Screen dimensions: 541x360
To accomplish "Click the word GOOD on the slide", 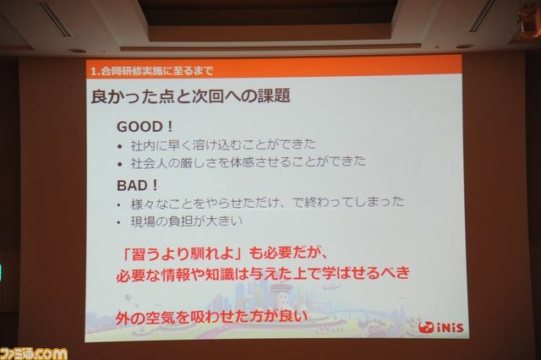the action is [139, 127].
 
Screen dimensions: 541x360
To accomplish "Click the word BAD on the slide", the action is [131, 186].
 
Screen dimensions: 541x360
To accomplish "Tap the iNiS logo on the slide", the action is [441, 327].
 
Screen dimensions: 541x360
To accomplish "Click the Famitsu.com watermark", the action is [34, 353].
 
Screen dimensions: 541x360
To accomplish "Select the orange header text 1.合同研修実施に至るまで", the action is [152, 71].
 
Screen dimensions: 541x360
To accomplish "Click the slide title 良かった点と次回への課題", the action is [190, 96].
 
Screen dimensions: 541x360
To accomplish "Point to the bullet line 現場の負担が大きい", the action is [187, 221].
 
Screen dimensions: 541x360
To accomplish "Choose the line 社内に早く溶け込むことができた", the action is [223, 145].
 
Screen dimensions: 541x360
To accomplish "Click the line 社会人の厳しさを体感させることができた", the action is [248, 161].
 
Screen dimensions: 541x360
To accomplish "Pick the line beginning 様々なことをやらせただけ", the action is [267, 202].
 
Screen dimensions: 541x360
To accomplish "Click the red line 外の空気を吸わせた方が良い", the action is [211, 317].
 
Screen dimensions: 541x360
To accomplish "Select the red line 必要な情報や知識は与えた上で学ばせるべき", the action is [263, 273].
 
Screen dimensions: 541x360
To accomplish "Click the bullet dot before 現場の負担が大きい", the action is [119, 223].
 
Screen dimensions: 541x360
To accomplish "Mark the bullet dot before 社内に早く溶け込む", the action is [120, 147].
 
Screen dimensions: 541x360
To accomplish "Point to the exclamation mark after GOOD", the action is [169, 127].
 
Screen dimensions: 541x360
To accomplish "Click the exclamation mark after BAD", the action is [155, 186].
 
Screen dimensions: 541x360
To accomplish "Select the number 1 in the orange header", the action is [94, 71].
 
